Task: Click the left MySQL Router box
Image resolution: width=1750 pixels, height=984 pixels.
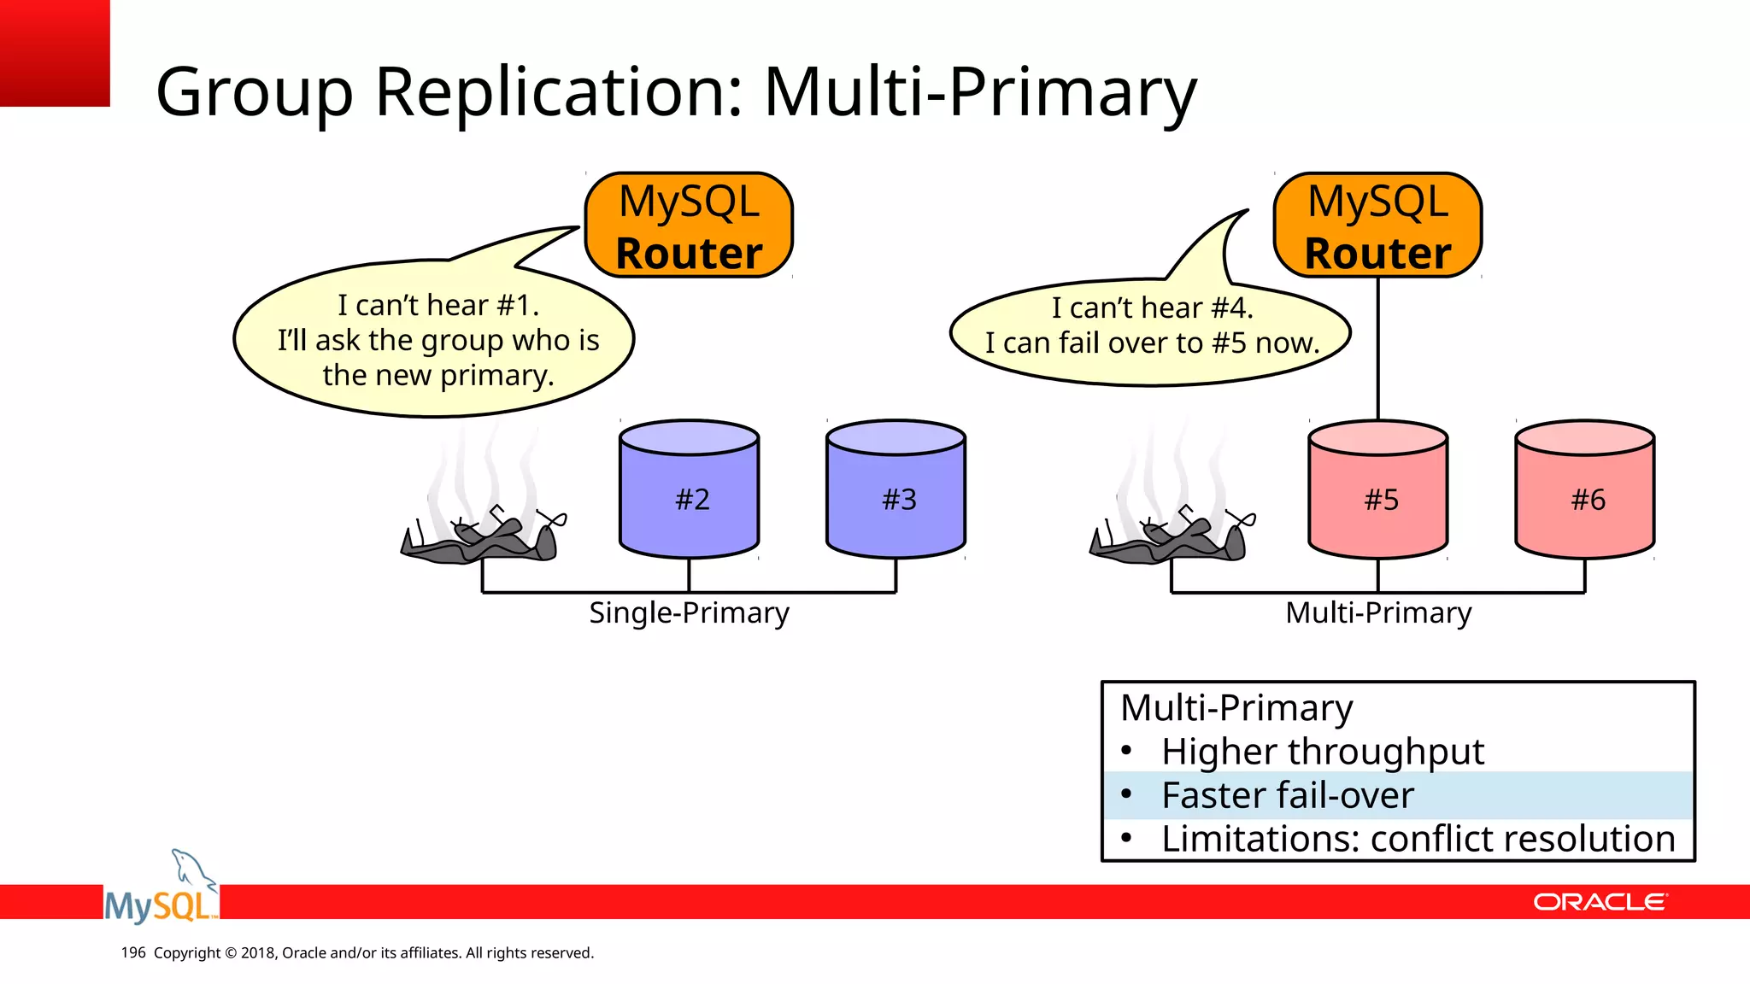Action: (x=689, y=225)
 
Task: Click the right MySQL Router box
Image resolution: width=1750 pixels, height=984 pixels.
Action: (x=1377, y=225)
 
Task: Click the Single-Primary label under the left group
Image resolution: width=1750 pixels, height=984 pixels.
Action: (x=689, y=612)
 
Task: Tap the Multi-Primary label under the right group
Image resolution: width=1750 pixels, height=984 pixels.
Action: (x=1378, y=612)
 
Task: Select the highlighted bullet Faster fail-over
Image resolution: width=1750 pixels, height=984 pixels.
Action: (x=1288, y=795)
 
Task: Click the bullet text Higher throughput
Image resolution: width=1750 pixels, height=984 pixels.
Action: (x=1322, y=752)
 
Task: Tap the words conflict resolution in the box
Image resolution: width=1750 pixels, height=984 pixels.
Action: (x=1522, y=839)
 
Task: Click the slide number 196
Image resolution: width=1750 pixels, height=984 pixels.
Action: (x=133, y=952)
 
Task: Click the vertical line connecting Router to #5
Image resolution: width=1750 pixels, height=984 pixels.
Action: (x=1378, y=350)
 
